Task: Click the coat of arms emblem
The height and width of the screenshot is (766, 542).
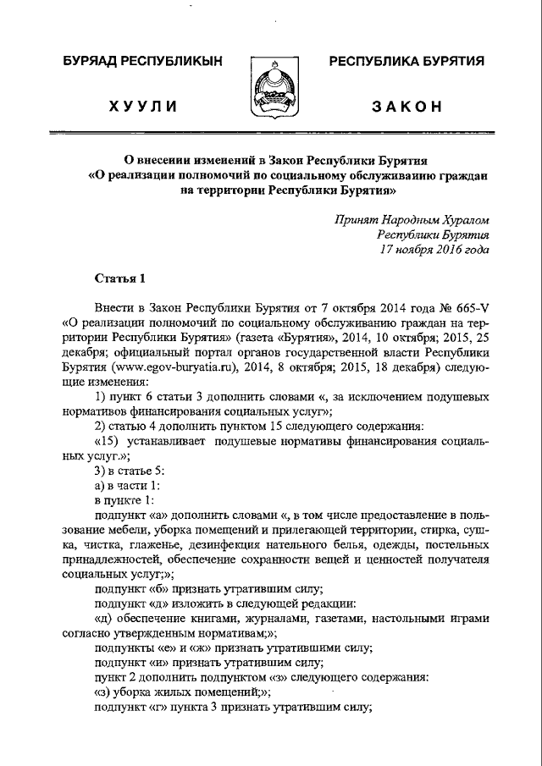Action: tap(271, 89)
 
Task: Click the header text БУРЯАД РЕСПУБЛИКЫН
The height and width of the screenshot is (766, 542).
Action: tap(143, 61)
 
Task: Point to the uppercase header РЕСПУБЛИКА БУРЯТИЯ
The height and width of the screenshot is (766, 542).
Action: tap(406, 61)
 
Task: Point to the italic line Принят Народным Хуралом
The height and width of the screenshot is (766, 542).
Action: tap(412, 219)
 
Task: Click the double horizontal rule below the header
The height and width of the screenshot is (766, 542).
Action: tap(271, 132)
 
